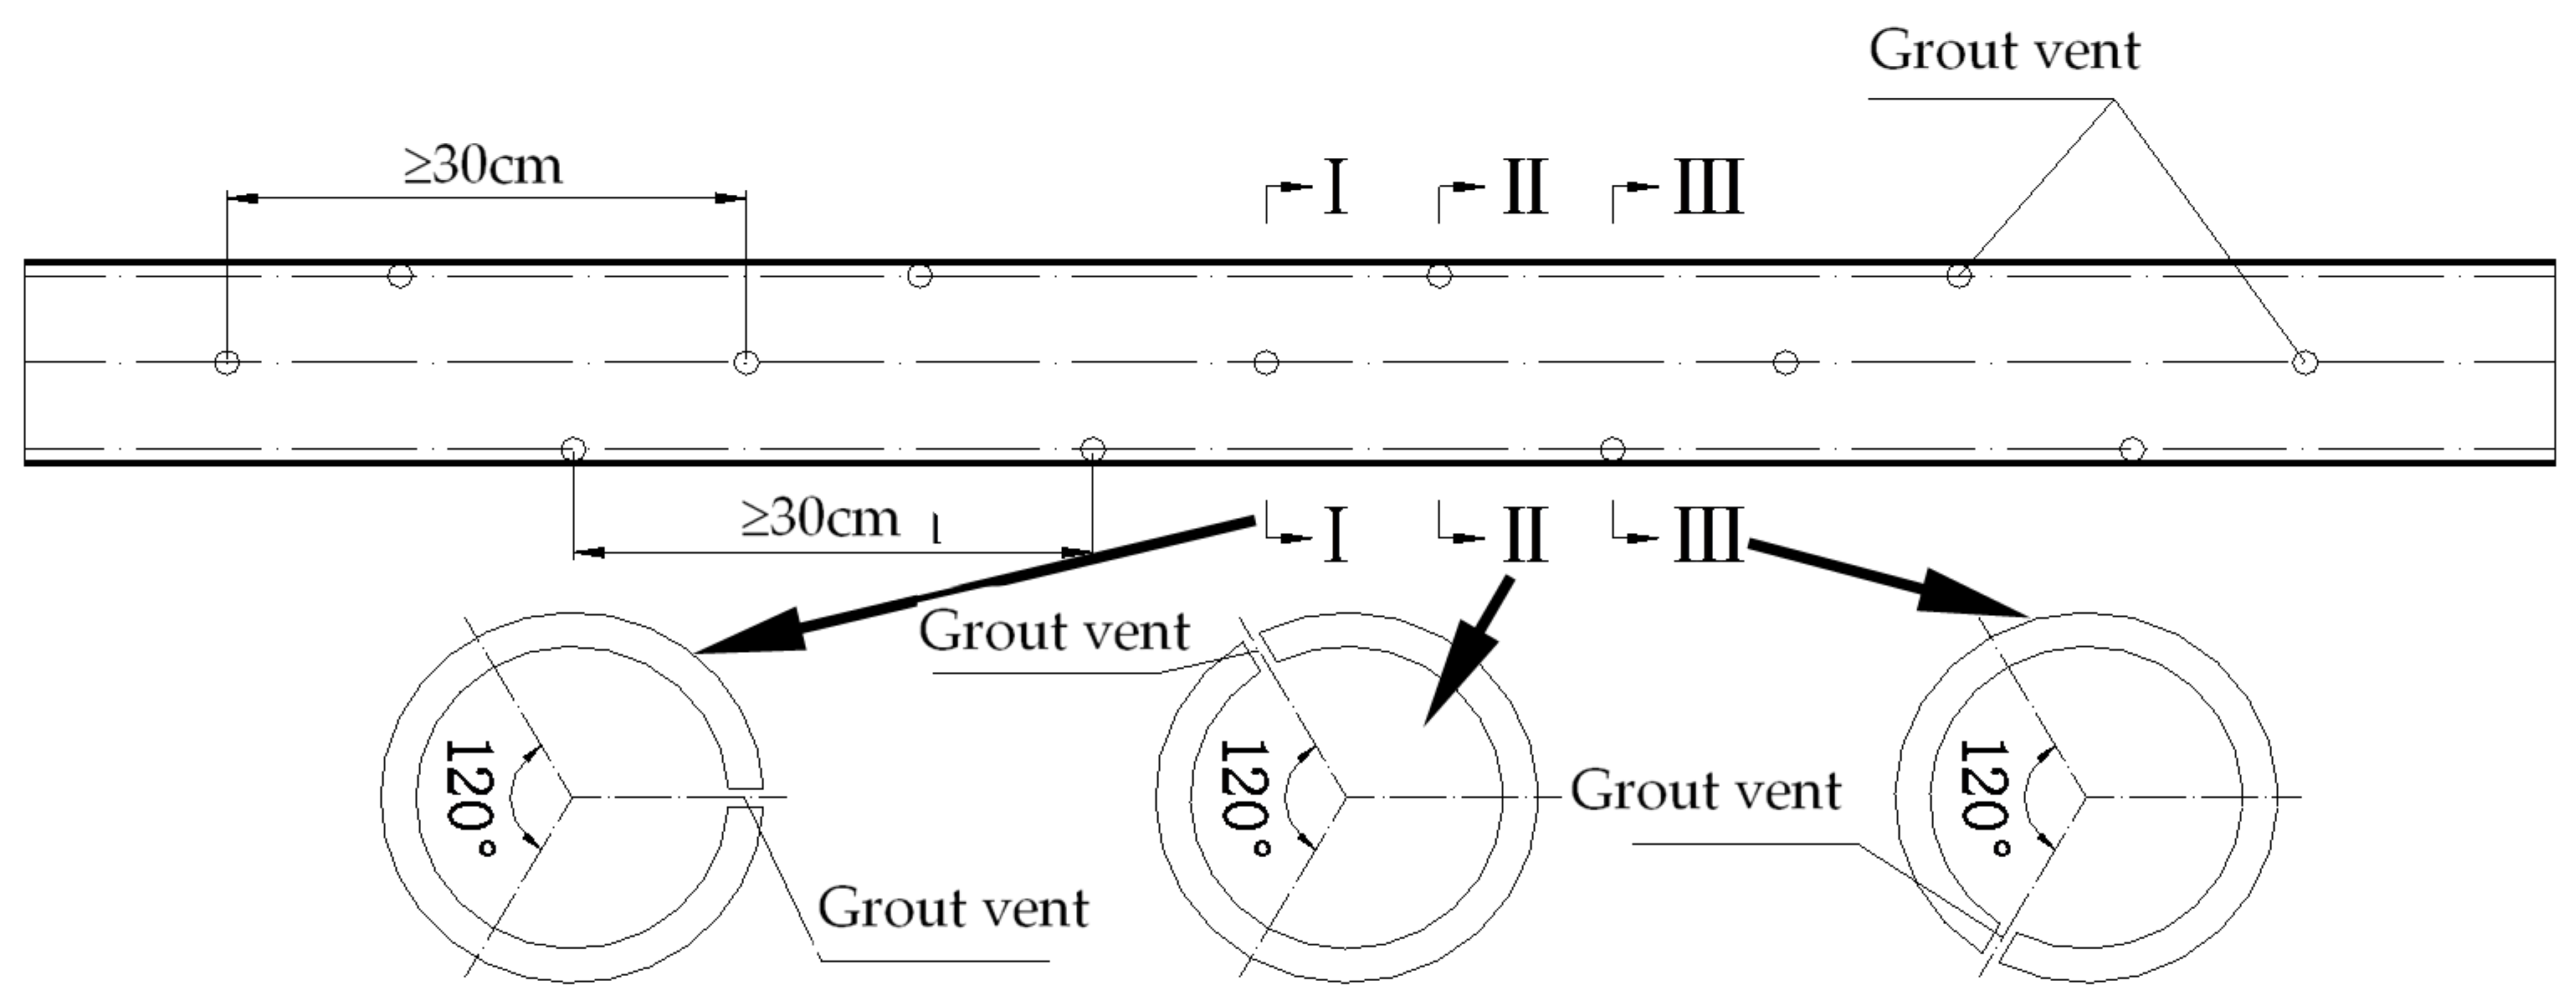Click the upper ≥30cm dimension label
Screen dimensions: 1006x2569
(484, 166)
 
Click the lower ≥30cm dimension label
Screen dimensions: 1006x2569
(820, 517)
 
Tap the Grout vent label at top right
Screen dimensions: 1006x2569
(2003, 50)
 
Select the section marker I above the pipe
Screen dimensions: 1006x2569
(1336, 187)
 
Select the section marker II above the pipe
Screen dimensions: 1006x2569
(1524, 187)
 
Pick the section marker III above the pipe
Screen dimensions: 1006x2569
(1707, 187)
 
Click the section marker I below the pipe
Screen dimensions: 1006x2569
(1336, 536)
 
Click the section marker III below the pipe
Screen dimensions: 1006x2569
(1707, 536)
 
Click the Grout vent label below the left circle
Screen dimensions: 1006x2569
(952, 908)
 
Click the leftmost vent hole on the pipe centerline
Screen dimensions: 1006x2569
(228, 362)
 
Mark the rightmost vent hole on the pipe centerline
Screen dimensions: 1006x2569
(2304, 362)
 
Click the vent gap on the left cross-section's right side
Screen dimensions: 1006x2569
(744, 798)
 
